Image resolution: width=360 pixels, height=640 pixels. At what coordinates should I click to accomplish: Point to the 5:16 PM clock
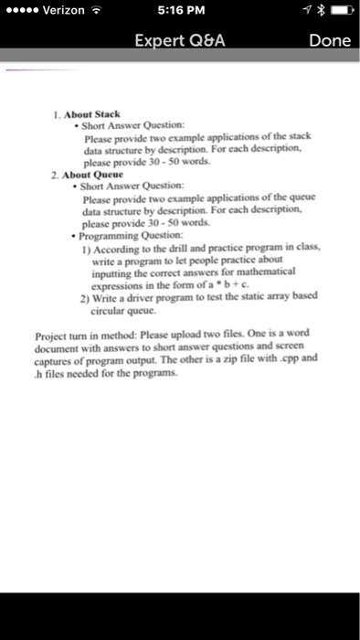[x=179, y=11]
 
